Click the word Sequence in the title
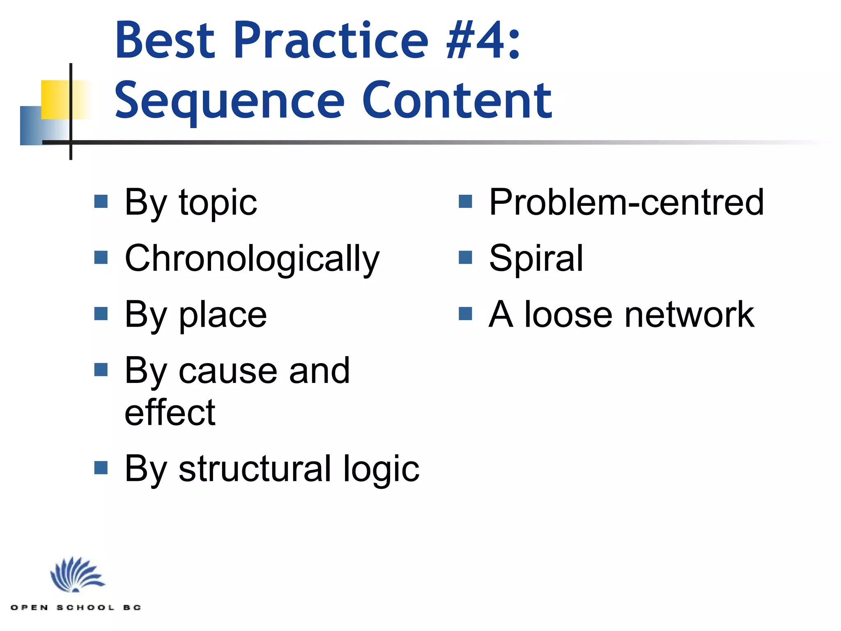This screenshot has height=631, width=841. click(x=230, y=101)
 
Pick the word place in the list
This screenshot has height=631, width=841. click(x=223, y=315)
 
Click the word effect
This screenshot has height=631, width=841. click(x=170, y=412)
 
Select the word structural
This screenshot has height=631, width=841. click(x=255, y=469)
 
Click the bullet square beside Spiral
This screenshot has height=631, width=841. click(x=465, y=258)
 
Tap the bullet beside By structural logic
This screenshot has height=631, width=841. click(x=101, y=467)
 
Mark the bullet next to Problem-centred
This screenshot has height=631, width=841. click(x=465, y=201)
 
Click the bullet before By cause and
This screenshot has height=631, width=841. click(x=101, y=370)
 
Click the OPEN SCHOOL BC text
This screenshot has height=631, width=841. click(x=76, y=608)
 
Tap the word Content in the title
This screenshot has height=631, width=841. click(x=457, y=101)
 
